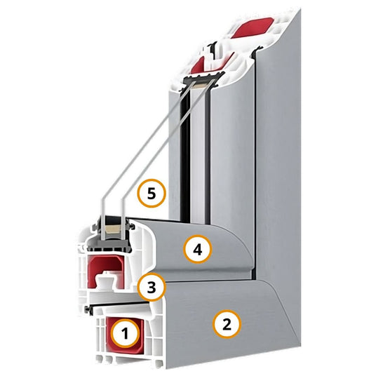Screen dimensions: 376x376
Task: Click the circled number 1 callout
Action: pos(125,334)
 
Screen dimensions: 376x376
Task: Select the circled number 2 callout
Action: pos(227,324)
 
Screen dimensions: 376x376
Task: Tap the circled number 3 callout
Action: pos(152,288)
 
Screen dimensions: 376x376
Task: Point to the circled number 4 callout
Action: pos(198,250)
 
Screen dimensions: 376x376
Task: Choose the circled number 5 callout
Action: pos(152,194)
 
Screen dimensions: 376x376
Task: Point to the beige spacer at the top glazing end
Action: pos(201,84)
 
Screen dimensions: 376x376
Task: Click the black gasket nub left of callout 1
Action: pos(88,309)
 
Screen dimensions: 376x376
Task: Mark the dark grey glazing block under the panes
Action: pos(109,245)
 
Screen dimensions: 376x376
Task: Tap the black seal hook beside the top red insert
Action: pos(213,51)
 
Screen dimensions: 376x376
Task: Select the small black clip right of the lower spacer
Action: pos(132,226)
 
